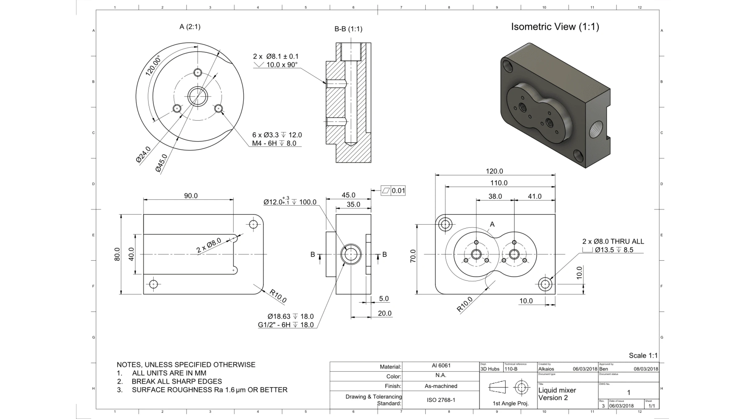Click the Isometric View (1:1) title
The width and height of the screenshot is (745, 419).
click(555, 27)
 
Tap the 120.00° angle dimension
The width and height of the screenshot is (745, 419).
click(153, 65)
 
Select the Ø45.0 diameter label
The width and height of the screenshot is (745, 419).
click(161, 163)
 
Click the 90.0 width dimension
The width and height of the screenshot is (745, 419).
click(191, 196)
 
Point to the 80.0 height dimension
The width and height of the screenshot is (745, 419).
click(117, 254)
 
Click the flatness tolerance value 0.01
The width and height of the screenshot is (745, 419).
click(398, 191)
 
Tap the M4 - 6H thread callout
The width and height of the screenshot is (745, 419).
click(274, 143)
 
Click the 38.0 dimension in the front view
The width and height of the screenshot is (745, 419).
click(495, 196)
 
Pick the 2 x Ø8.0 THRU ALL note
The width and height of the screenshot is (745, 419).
click(613, 241)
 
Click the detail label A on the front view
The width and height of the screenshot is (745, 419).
click(492, 224)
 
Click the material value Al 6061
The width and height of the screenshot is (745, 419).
click(441, 366)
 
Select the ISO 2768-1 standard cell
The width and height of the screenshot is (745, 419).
click(441, 400)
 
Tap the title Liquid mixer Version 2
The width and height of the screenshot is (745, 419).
click(557, 394)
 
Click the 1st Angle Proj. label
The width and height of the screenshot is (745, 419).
click(510, 403)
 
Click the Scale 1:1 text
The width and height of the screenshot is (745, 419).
click(643, 356)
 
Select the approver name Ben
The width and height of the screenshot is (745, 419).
click(603, 369)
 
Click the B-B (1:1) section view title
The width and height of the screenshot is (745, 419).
click(348, 29)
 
